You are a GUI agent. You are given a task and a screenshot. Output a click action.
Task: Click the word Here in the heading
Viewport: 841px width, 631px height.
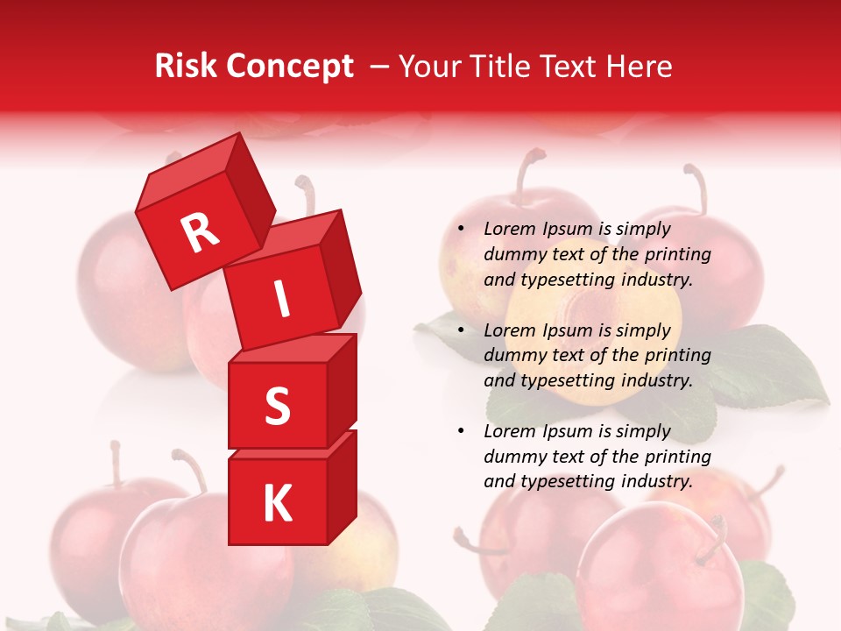tap(641, 67)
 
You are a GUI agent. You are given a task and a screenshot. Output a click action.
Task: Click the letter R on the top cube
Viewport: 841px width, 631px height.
tap(200, 233)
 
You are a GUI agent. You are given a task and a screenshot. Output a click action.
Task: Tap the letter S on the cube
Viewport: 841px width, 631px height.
tap(277, 406)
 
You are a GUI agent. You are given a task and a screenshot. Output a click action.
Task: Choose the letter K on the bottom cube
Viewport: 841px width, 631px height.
tap(277, 503)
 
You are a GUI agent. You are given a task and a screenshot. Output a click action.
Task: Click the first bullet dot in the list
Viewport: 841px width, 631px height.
tap(460, 230)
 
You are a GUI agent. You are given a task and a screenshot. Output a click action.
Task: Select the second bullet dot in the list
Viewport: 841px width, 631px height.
tap(460, 331)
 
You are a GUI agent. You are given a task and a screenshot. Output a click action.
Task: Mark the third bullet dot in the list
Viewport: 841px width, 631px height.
tap(460, 432)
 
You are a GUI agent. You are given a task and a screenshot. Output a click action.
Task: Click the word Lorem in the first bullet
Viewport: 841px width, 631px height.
tap(508, 229)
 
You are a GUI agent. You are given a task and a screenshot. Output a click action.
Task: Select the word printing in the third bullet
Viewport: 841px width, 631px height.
tap(678, 457)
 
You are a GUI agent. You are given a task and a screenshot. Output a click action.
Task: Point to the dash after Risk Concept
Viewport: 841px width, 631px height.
tap(379, 67)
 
